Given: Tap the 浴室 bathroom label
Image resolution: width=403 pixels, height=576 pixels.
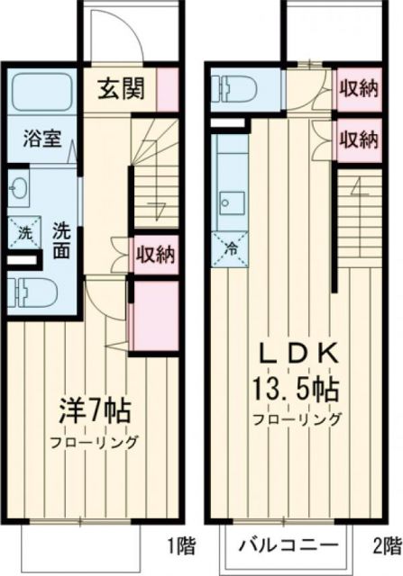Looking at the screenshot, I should click(x=42, y=141).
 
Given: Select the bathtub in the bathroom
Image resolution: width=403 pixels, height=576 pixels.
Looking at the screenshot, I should click(x=44, y=94).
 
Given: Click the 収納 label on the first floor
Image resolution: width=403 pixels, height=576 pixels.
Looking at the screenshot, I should click(x=154, y=253).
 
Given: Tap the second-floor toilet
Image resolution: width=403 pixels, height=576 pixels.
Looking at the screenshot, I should click(x=235, y=89).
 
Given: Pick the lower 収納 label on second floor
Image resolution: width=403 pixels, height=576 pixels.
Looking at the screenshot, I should click(x=357, y=139).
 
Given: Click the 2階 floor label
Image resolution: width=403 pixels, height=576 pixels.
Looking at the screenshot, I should click(x=385, y=545).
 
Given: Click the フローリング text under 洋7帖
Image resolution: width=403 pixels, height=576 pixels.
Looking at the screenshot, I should click(x=93, y=443).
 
